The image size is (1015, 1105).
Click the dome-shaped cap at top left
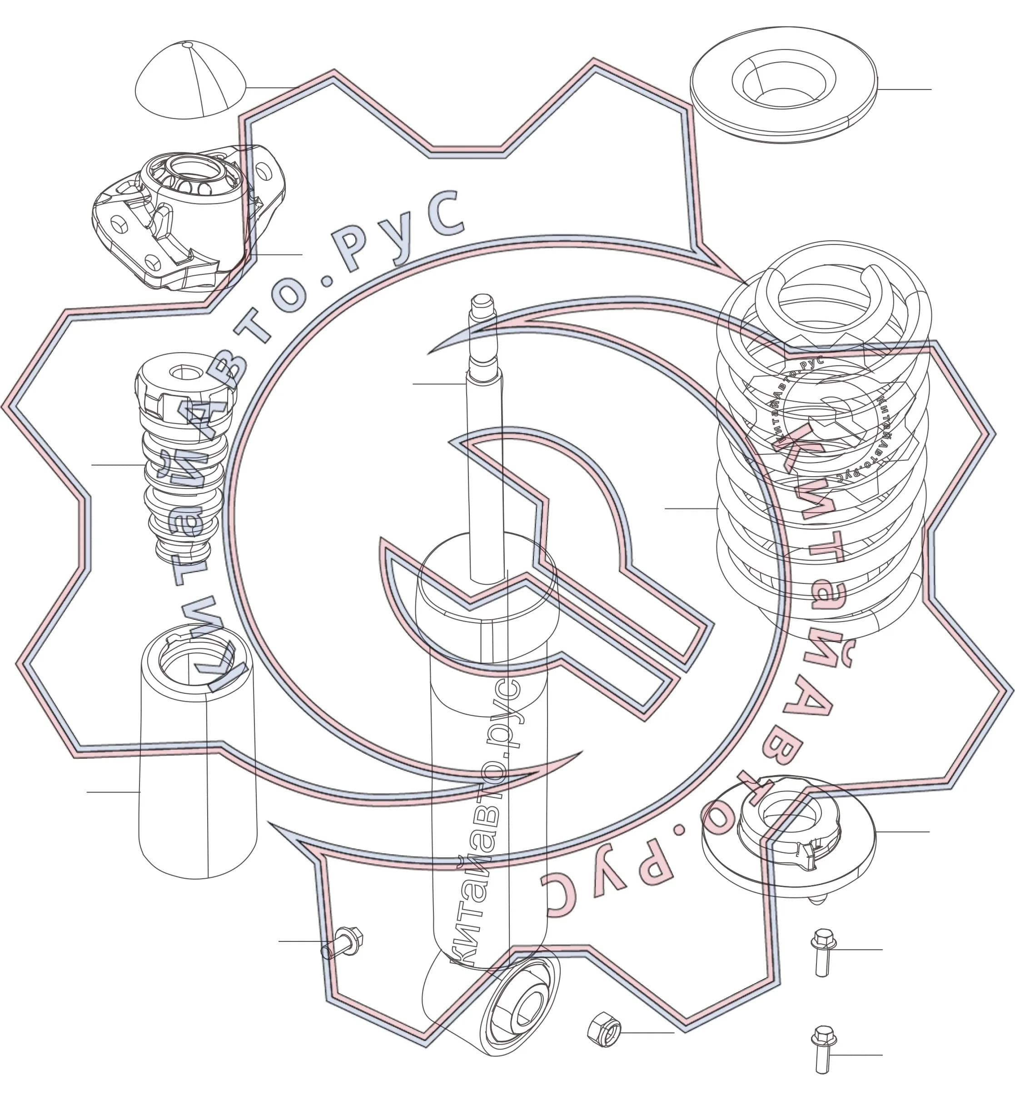click(x=190, y=81)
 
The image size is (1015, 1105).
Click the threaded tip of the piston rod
click(x=482, y=312)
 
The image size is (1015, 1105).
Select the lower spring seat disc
click(x=789, y=836)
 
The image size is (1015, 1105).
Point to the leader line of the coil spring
click(x=691, y=508)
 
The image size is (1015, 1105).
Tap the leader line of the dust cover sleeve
click(x=113, y=792)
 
